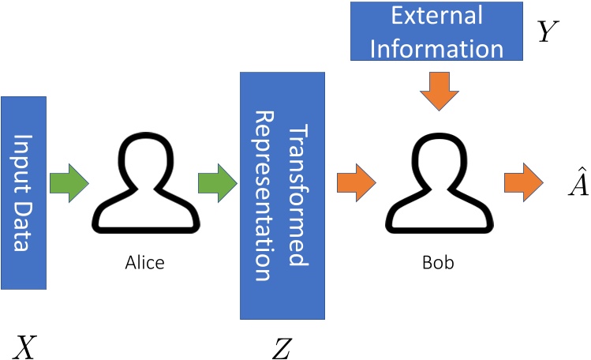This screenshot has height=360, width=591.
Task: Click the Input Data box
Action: pyautogui.click(x=24, y=193)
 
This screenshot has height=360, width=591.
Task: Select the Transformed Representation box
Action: pyautogui.click(x=282, y=196)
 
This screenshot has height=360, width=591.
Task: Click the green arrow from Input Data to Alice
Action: pyautogui.click(x=69, y=183)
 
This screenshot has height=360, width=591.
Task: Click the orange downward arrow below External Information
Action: pyautogui.click(x=437, y=89)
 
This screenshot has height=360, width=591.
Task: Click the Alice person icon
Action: pyautogui.click(x=144, y=183)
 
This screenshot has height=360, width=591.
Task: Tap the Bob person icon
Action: pyautogui.click(x=437, y=183)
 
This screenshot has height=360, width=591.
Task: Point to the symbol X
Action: pyautogui.click(x=24, y=347)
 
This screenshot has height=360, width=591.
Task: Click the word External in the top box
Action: pyautogui.click(x=436, y=16)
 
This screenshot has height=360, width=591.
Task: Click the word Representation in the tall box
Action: pyautogui.click(x=264, y=196)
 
